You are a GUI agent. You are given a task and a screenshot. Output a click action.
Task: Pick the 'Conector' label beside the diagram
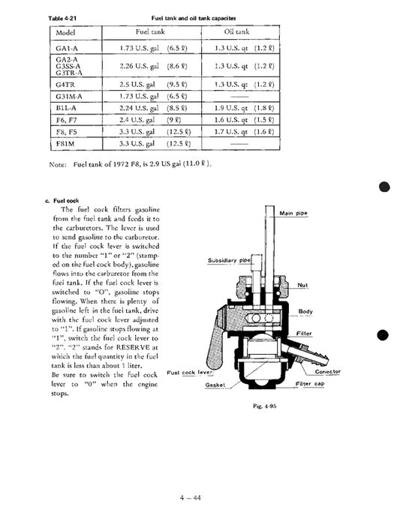329,370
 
